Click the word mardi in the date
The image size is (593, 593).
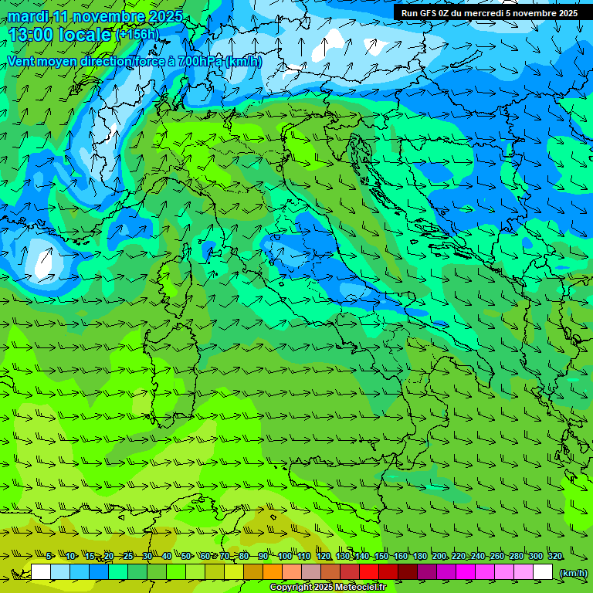[29, 16]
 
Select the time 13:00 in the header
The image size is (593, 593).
[33, 34]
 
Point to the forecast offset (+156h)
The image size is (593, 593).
[137, 34]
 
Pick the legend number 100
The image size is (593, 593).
[285, 557]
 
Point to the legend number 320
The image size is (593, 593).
[555, 557]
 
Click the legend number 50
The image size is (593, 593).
[186, 557]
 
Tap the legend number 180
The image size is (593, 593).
[420, 557]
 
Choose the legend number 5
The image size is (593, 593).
[50, 557]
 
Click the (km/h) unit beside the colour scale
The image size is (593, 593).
[572, 572]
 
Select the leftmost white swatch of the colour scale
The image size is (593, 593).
[41, 572]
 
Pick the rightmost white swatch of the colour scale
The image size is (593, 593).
[543, 572]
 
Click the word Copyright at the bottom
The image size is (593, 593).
[293, 588]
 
